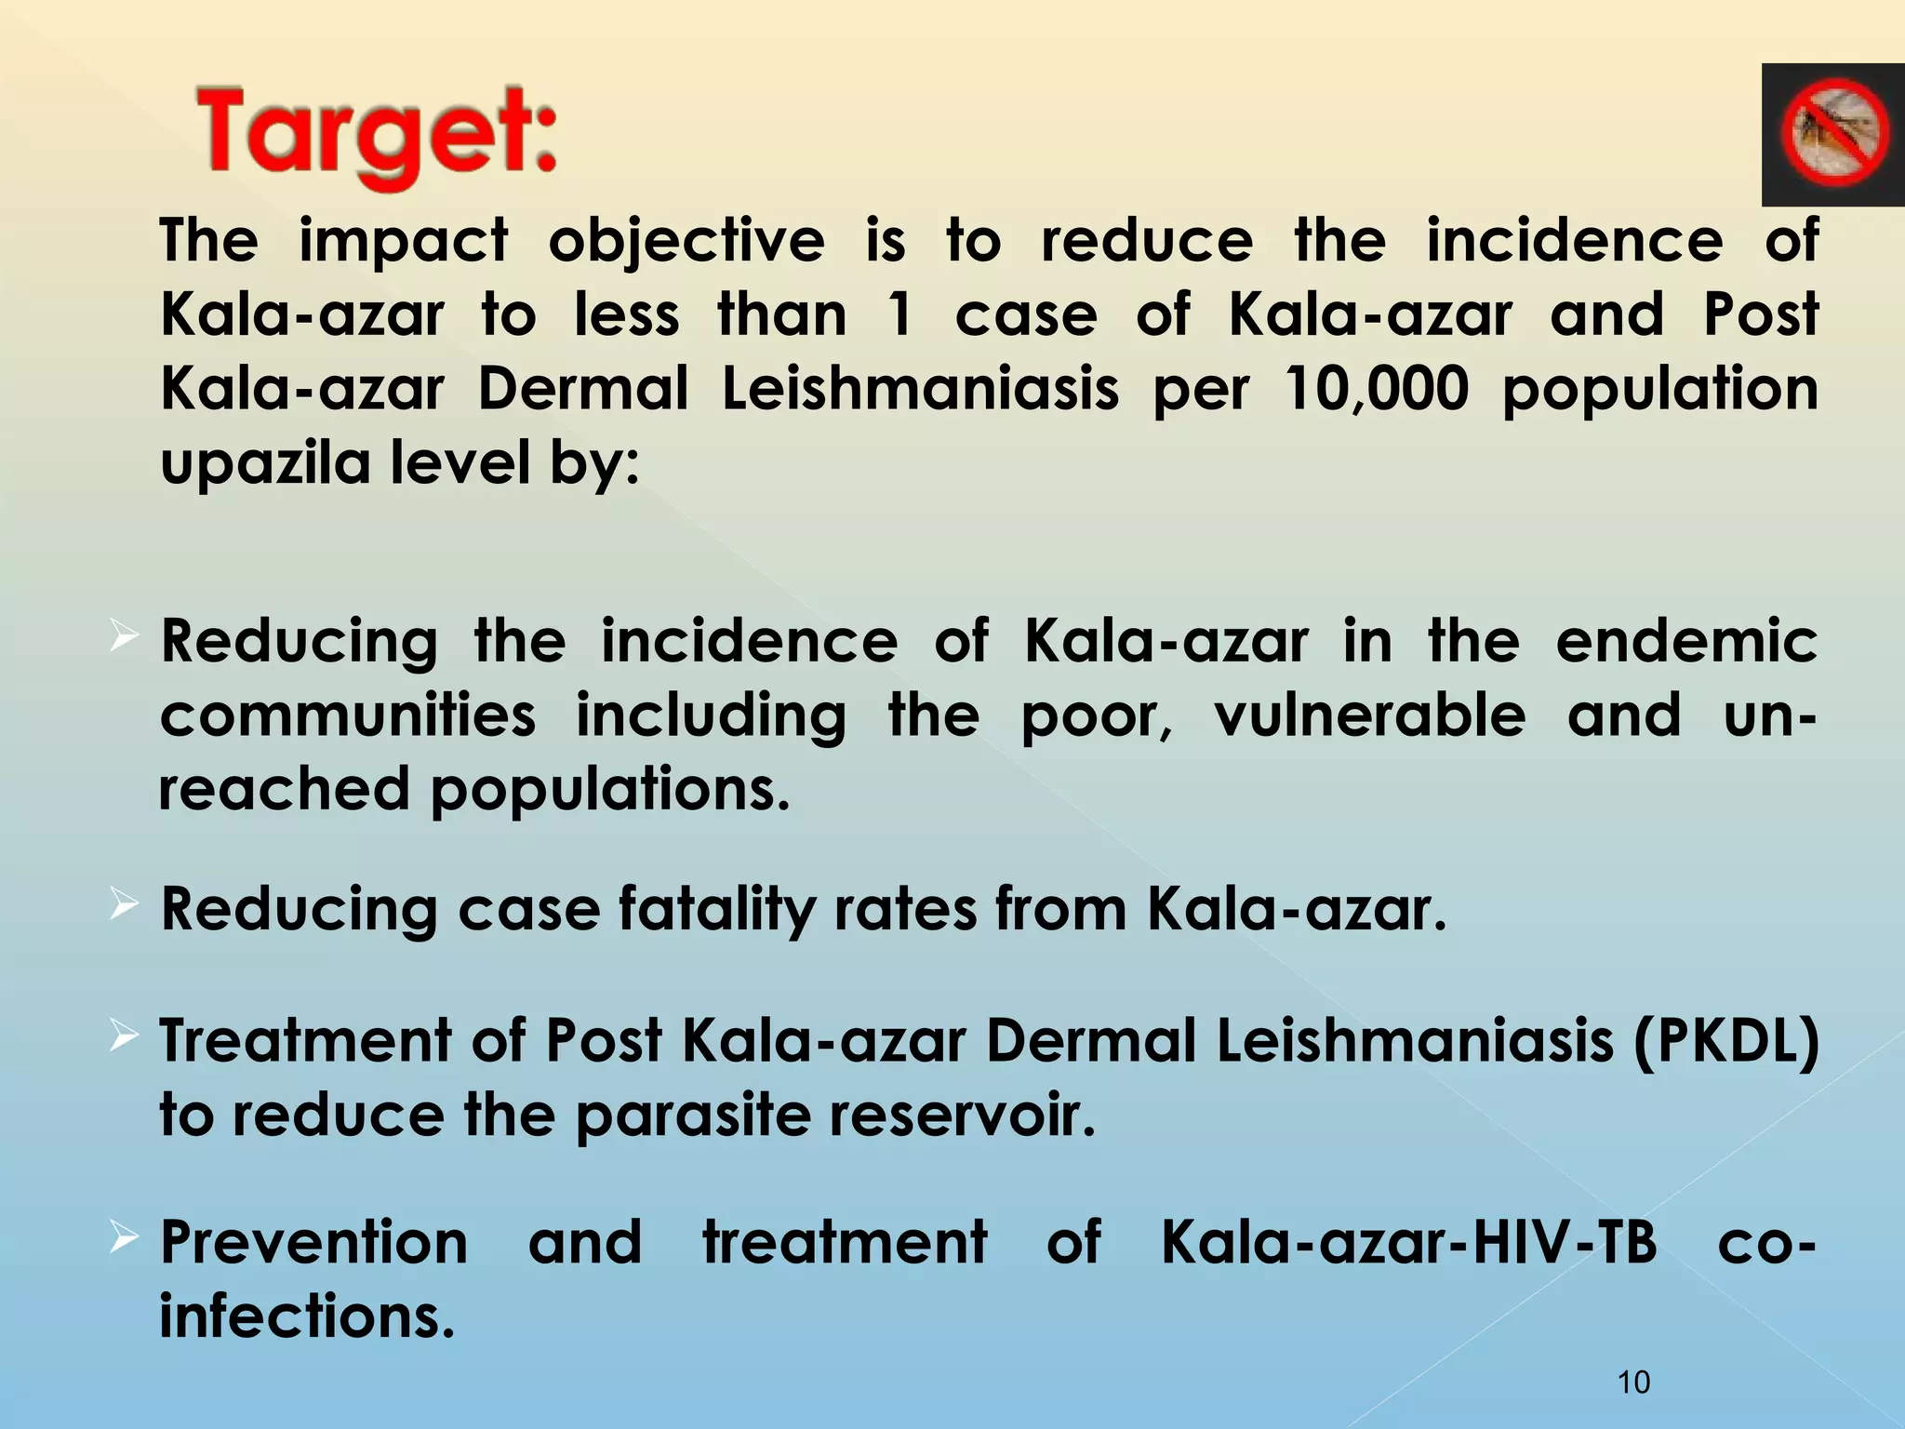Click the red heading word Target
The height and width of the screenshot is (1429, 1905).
click(377, 135)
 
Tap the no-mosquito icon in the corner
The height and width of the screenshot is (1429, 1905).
click(1833, 134)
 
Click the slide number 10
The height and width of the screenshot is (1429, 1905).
click(1633, 1382)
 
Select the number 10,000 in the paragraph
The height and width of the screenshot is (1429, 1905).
click(1375, 389)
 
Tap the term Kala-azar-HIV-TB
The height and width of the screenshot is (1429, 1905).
click(1409, 1242)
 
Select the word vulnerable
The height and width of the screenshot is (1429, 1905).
click(1370, 715)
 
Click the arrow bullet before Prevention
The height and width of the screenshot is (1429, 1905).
click(124, 1237)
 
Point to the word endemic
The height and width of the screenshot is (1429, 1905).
click(1686, 642)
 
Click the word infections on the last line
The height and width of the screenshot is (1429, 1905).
click(307, 1316)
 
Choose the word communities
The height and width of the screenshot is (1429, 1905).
click(348, 715)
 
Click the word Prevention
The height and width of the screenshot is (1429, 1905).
click(314, 1242)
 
